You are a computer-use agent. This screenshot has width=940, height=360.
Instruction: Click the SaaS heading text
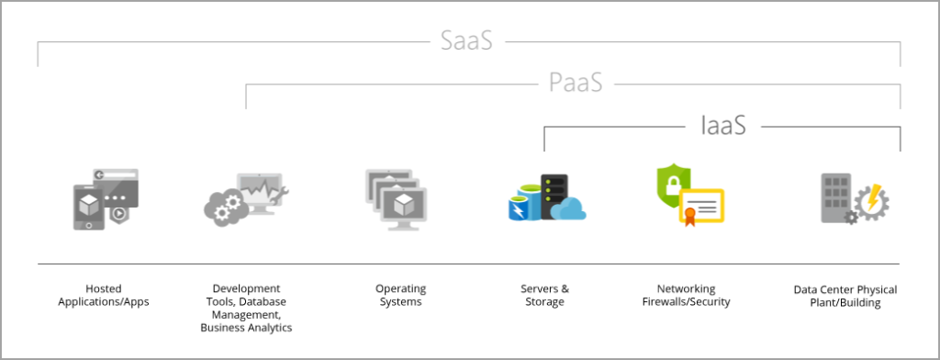tap(467, 41)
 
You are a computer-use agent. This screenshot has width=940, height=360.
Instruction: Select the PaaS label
tap(576, 84)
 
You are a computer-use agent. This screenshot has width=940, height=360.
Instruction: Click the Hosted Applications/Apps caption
tap(103, 295)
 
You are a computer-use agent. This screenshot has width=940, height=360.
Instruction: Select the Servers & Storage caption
tap(544, 295)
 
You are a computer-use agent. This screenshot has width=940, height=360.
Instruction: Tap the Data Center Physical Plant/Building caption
tap(845, 296)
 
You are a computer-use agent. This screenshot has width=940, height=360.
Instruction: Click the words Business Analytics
tap(246, 327)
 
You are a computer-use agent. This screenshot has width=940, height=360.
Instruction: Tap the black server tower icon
tap(554, 196)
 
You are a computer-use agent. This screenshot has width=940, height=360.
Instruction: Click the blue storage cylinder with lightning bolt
tap(524, 205)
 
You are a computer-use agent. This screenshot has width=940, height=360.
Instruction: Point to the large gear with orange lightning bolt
tap(871, 201)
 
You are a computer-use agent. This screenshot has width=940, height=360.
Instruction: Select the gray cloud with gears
tap(223, 208)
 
